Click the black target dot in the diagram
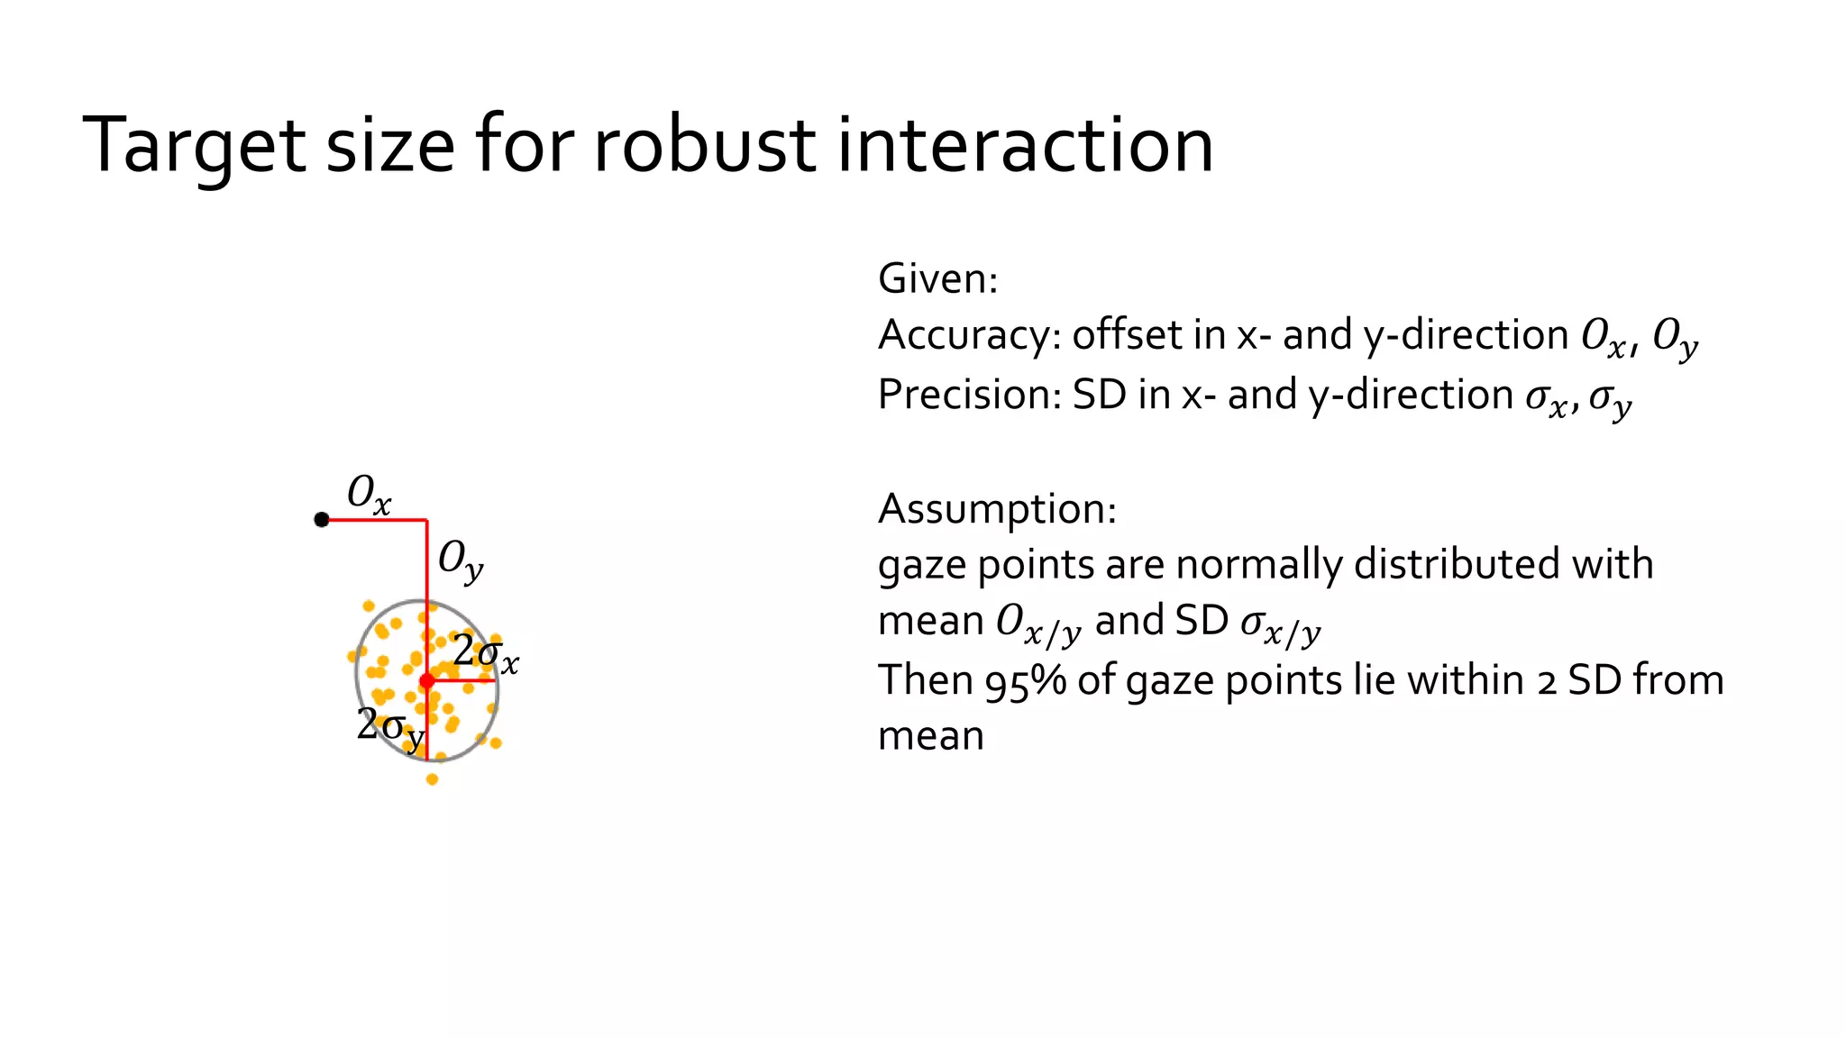[322, 520]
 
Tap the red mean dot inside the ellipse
[427, 680]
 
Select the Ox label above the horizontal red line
[369, 496]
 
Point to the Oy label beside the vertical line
[461, 560]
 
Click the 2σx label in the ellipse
[486, 654]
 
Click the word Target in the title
[194, 146]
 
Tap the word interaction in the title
[1025, 146]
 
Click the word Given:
[938, 278]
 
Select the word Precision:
[970, 395]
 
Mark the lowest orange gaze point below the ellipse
[433, 779]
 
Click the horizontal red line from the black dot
[374, 520]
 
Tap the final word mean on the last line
[931, 737]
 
